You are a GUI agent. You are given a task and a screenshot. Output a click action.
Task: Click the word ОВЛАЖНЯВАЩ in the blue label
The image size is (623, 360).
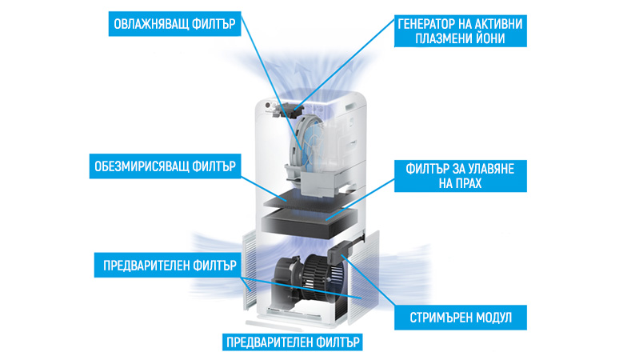click(x=150, y=24)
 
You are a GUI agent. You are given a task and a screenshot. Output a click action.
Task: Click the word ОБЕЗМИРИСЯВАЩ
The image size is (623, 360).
click(x=141, y=166)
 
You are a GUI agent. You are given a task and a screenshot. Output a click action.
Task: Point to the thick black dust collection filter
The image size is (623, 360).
click(x=310, y=223)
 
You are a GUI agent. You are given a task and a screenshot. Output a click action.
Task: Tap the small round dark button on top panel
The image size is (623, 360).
click(x=268, y=106)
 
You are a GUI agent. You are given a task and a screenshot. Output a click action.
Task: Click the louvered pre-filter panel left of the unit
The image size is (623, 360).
click(x=250, y=270)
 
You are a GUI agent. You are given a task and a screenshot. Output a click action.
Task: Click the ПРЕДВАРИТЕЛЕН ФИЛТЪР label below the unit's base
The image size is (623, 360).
click(x=293, y=342)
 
